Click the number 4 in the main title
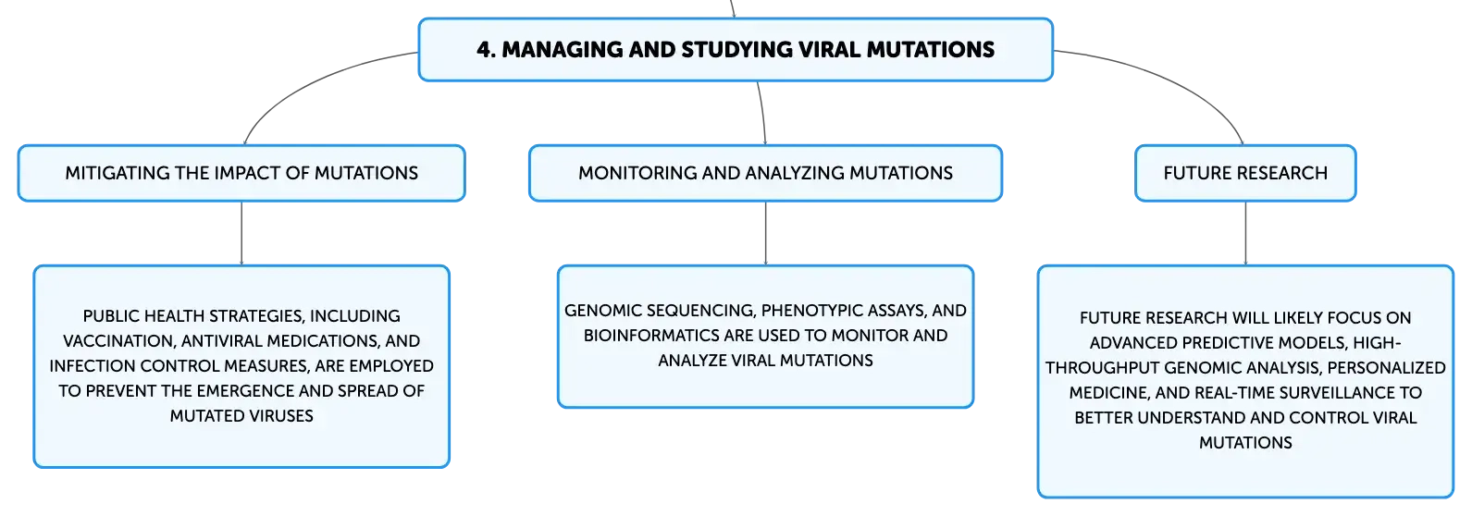[485, 50]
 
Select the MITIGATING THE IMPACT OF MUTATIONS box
[241, 173]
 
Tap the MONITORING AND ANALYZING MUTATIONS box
[765, 173]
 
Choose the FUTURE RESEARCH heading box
[1245, 173]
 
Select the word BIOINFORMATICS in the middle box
[651, 336]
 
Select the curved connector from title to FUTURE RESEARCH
[1169, 79]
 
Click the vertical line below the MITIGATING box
[241, 233]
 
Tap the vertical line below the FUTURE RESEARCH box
[1245, 233]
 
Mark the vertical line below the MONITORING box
[765, 233]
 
